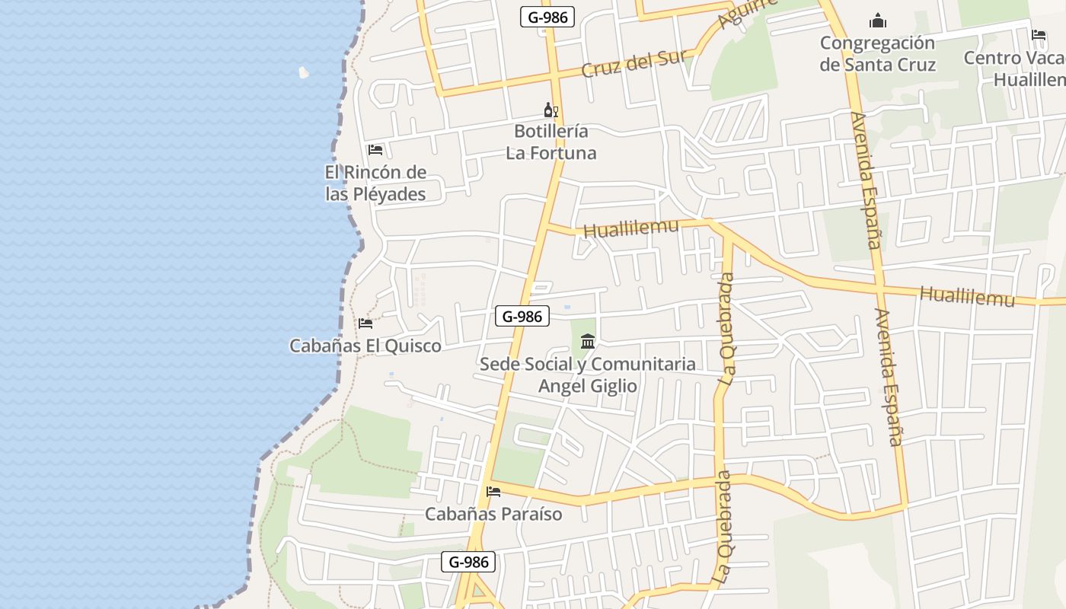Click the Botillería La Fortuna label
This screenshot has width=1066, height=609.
(x=551, y=142)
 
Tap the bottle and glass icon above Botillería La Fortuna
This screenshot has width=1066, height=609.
(x=551, y=110)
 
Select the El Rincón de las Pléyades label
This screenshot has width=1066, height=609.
(x=375, y=183)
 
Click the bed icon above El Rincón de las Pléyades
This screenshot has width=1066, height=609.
(x=375, y=150)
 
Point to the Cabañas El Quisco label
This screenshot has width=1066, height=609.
(x=365, y=346)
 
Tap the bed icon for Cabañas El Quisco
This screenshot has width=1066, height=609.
(x=365, y=324)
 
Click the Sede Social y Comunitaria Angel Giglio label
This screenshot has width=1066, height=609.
(x=588, y=375)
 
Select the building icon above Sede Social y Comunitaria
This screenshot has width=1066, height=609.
(x=588, y=342)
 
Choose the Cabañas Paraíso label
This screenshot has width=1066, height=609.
(x=493, y=514)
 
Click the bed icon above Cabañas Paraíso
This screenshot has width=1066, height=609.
(x=493, y=492)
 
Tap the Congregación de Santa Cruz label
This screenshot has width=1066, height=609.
(x=877, y=53)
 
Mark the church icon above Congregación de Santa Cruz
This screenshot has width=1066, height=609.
(x=878, y=21)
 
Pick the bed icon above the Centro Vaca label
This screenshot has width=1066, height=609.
(x=1039, y=35)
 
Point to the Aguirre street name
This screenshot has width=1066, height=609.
(x=750, y=14)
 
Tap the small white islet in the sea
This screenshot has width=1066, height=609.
(x=304, y=72)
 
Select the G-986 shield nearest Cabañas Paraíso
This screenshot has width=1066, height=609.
(x=468, y=563)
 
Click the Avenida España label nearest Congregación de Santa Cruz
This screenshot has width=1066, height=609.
(x=866, y=180)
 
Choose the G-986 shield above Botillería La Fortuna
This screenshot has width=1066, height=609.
(x=547, y=17)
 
